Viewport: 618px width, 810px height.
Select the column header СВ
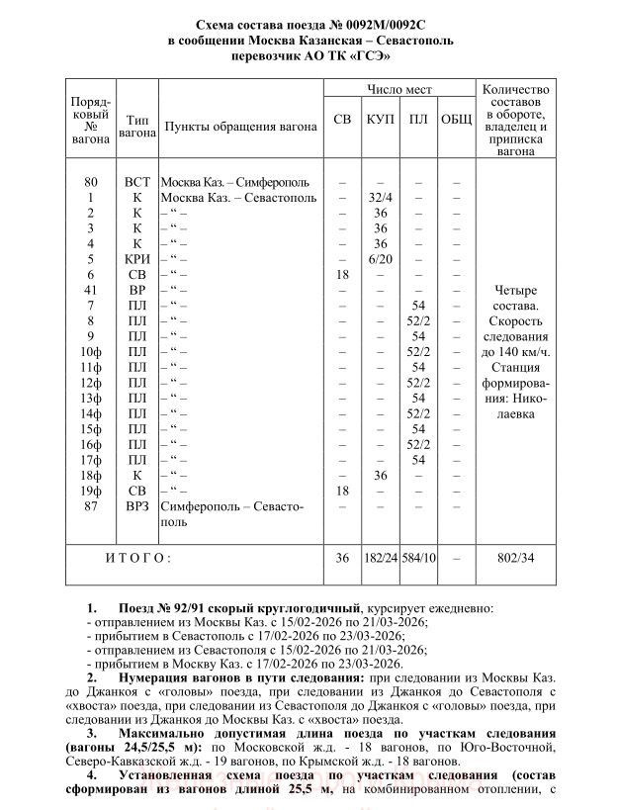342,119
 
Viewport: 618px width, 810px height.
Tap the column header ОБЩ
455,119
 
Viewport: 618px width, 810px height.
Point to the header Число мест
399,89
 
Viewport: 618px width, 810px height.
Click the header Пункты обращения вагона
240,128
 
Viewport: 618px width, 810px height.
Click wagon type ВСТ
137,182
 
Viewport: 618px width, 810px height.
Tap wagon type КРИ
137,258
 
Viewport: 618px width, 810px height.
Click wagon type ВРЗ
137,506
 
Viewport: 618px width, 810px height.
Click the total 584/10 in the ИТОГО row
417,559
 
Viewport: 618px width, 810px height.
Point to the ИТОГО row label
138,559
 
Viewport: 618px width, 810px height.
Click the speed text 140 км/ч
525,352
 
